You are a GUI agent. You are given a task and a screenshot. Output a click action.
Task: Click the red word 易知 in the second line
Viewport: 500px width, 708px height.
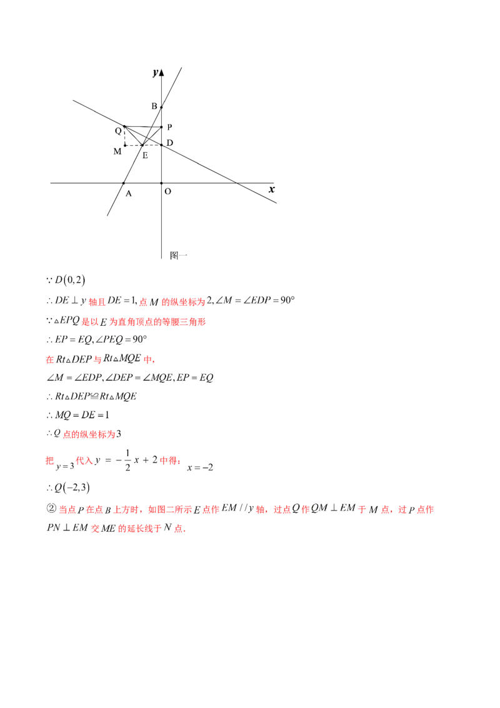coord(90,322)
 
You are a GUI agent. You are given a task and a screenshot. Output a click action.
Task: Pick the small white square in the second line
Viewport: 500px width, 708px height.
coord(72,326)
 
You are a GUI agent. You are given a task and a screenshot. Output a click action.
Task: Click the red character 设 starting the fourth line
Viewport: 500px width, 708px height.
coord(49,360)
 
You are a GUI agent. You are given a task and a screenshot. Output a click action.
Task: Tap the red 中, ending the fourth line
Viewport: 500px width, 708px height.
coord(148,360)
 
